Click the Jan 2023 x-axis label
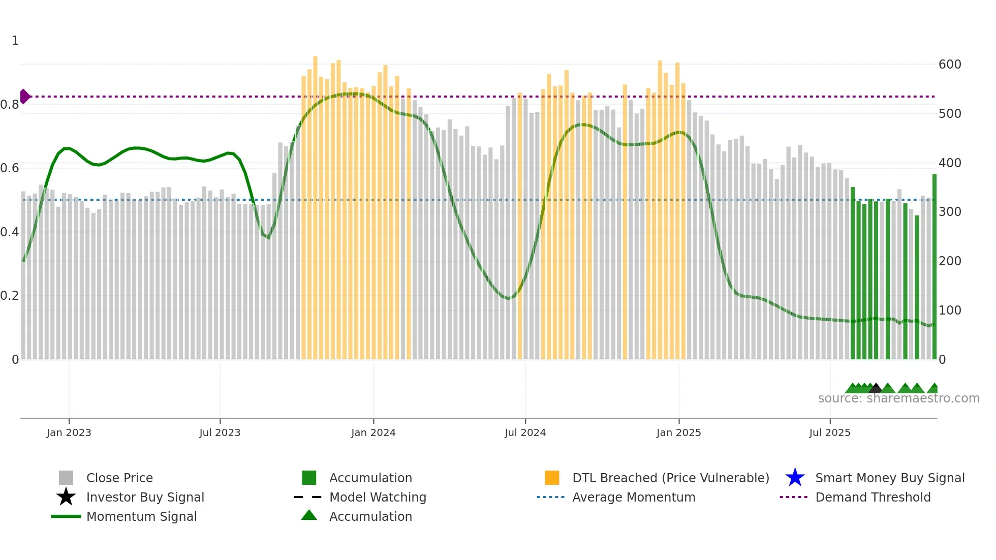(69, 432)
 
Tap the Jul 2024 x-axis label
(525, 432)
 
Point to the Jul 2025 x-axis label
(829, 432)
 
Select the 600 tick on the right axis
(949, 65)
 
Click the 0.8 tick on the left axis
(10, 105)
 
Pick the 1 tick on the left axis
(15, 41)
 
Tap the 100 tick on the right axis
(949, 310)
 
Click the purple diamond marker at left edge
(25, 96)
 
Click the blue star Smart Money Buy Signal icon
(795, 478)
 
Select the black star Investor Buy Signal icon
(66, 497)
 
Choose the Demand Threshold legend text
(873, 497)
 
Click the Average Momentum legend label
(633, 497)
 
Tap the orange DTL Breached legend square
(552, 478)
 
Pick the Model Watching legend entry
(377, 497)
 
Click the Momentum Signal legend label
(141, 516)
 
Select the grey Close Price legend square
(66, 478)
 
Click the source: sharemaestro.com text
(898, 398)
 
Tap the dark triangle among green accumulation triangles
(875, 389)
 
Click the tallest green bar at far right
(934, 264)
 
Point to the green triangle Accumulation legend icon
(309, 516)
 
